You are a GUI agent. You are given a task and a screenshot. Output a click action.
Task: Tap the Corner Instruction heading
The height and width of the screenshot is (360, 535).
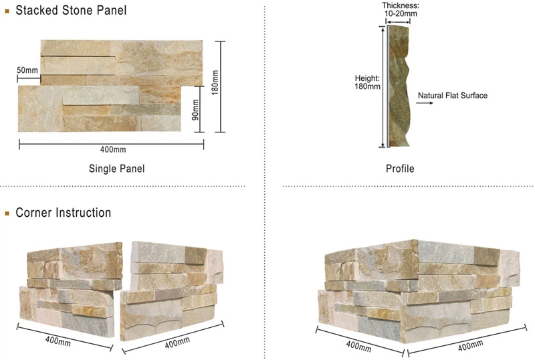[x=63, y=213]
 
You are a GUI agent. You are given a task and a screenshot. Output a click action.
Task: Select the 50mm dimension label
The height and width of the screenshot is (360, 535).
[x=27, y=70]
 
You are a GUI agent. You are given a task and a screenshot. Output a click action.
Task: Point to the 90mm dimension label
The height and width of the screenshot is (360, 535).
[x=195, y=108]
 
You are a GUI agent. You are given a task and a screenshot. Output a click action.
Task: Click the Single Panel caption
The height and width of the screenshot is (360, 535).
[x=116, y=169]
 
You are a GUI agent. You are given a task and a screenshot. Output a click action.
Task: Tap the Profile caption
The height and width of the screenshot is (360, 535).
[x=400, y=169]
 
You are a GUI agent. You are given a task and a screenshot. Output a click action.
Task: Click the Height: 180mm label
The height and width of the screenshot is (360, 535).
[x=367, y=82]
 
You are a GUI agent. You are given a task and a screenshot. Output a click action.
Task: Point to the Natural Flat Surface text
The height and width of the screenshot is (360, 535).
[x=453, y=96]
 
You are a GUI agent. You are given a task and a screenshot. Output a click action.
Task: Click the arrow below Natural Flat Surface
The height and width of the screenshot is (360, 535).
[x=423, y=104]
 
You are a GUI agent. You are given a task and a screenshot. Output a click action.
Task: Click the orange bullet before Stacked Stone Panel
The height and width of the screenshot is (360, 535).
[x=7, y=11]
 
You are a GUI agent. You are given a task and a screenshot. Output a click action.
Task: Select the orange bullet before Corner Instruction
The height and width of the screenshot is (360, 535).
[x=7, y=213]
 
